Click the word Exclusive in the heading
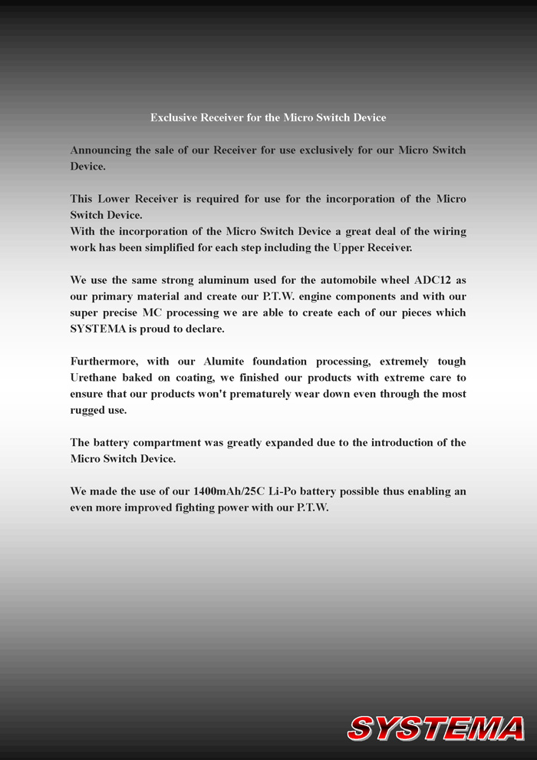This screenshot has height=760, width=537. tap(173, 117)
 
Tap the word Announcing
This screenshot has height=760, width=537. tap(100, 150)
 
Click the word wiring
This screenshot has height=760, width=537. tap(449, 231)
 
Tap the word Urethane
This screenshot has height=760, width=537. tap(95, 378)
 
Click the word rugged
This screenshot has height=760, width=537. tap(87, 410)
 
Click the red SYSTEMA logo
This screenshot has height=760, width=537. tap(436, 728)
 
